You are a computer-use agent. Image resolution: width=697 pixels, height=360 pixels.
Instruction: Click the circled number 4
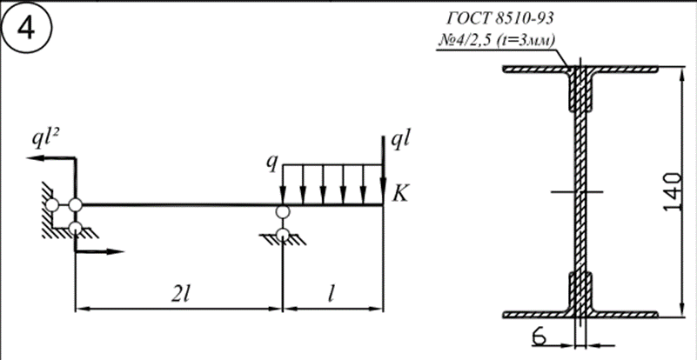(x=26, y=29)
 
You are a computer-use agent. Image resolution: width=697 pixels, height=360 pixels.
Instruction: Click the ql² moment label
(x=46, y=140)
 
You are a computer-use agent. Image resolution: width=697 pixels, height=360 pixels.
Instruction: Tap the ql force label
(x=399, y=141)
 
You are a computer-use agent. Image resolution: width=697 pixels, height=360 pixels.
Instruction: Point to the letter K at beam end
(x=399, y=194)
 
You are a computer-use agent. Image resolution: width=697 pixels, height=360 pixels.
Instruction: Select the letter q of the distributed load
(x=271, y=163)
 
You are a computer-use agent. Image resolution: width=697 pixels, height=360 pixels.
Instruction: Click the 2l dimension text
(x=180, y=295)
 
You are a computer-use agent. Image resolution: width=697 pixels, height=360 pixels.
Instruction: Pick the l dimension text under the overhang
(x=331, y=295)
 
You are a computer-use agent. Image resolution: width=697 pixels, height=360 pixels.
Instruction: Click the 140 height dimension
(x=673, y=191)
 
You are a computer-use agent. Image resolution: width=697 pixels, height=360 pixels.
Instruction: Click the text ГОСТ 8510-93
(x=500, y=18)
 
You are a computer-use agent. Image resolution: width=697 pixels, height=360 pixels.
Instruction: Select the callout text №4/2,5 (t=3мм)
(x=497, y=41)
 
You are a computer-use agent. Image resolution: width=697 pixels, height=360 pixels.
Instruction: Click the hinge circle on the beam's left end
(x=76, y=205)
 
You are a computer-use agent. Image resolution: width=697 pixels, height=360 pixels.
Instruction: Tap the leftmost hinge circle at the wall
(x=51, y=205)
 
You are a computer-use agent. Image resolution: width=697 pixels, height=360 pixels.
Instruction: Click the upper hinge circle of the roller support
(x=282, y=212)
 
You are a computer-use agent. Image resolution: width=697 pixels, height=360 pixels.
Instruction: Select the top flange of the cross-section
(x=580, y=70)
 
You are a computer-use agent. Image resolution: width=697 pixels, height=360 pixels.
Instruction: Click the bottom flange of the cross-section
(x=580, y=315)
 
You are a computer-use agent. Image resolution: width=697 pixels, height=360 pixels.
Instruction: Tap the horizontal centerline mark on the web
(x=577, y=192)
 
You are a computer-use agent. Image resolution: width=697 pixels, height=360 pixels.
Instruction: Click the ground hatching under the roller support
(x=283, y=240)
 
